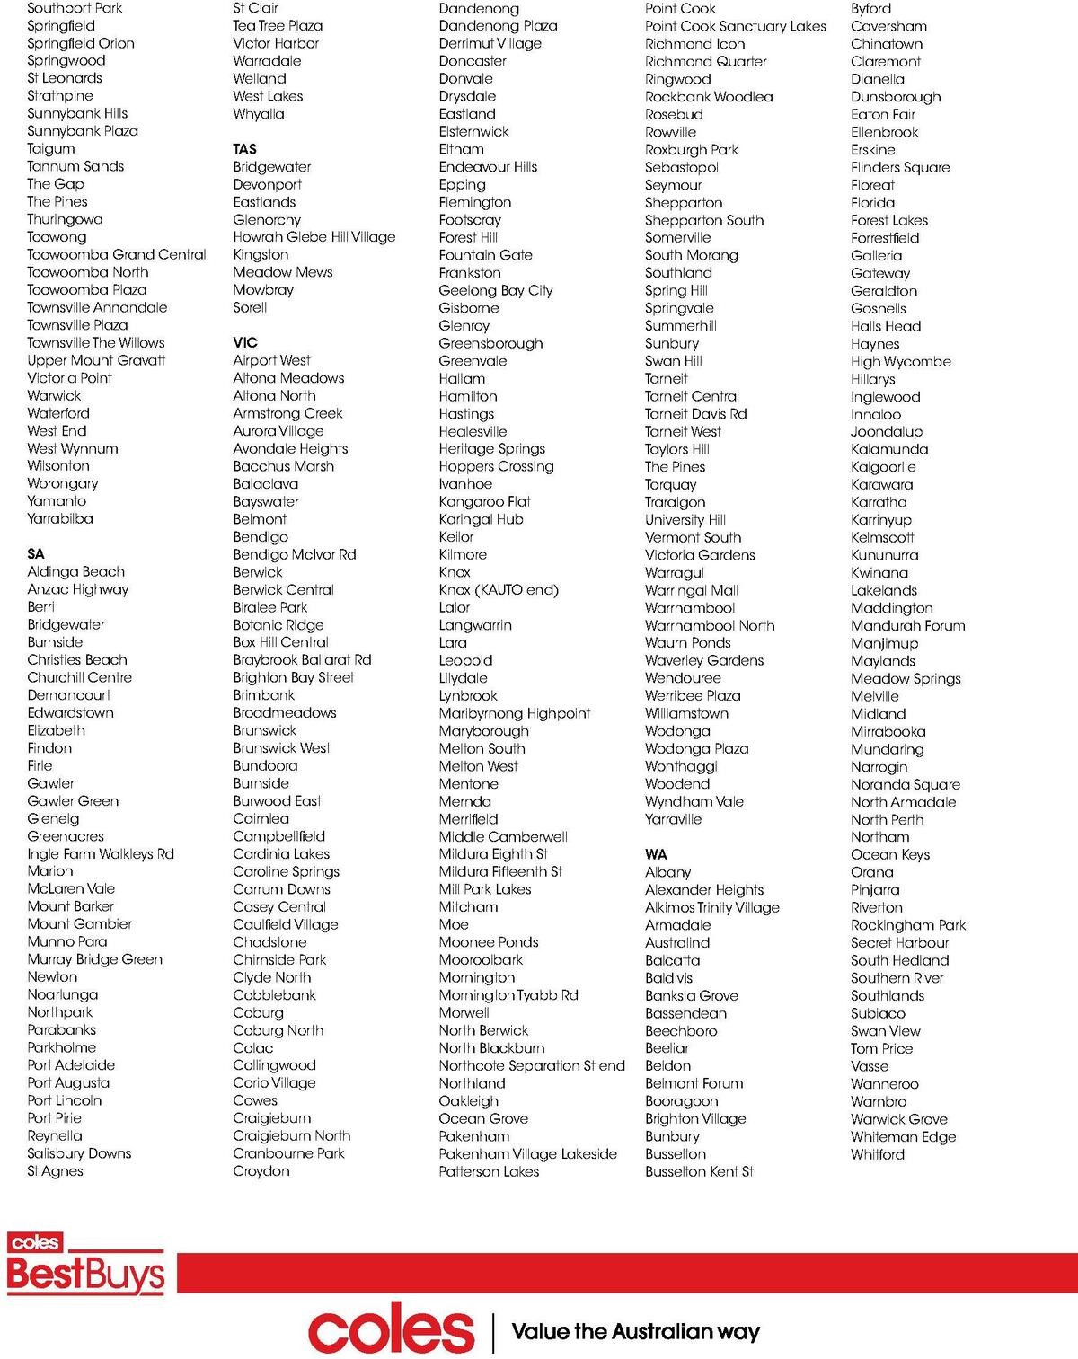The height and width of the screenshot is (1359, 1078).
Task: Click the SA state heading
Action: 36,554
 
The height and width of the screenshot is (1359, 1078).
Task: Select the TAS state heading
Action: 244,149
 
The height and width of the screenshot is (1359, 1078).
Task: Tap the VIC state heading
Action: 245,342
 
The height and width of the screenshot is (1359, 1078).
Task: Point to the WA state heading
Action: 656,854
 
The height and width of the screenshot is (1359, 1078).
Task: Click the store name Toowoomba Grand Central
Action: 117,254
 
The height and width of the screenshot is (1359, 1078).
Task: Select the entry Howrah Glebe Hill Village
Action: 314,237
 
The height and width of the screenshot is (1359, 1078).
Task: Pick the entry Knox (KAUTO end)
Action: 499,590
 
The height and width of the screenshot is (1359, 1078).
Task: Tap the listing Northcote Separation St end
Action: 532,1065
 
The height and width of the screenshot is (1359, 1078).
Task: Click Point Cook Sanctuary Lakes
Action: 735,26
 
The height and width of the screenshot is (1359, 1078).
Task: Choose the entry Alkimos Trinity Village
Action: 712,907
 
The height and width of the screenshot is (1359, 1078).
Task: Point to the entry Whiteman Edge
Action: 903,1136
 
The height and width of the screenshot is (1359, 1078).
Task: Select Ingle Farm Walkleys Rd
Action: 101,854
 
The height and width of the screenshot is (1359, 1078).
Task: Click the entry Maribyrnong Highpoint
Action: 515,713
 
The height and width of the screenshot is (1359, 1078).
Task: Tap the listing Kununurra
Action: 884,555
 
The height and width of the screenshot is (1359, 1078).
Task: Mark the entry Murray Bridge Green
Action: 95,959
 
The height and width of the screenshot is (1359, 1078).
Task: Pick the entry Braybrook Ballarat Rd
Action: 302,660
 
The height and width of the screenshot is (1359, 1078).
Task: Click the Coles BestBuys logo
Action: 85,1265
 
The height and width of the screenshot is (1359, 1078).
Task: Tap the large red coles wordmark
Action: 391,1331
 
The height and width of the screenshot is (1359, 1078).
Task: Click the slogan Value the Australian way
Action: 635,1331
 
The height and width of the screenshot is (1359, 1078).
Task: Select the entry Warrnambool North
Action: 710,625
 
